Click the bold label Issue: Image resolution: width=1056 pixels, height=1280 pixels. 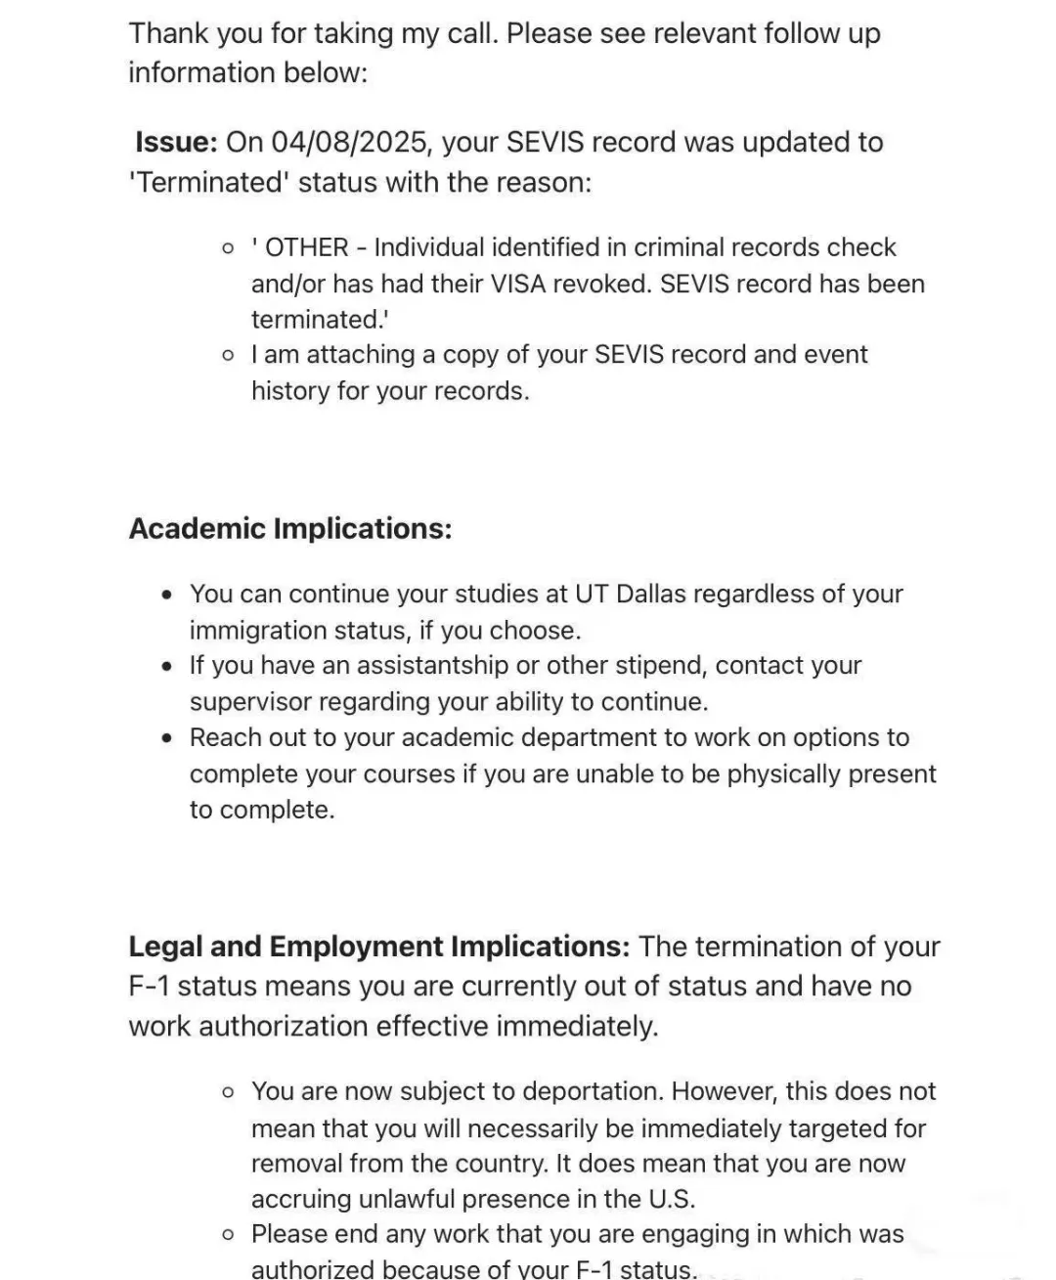(176, 143)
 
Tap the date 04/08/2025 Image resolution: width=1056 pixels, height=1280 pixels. (350, 143)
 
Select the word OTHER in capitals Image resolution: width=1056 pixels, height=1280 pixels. (307, 247)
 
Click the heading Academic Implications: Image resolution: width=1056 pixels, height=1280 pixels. (290, 528)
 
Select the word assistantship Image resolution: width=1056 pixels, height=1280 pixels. (432, 665)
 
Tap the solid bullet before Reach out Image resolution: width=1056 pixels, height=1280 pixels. (169, 738)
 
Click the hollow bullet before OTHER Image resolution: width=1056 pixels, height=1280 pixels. (228, 248)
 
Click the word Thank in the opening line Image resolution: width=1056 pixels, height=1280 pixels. (167, 33)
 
